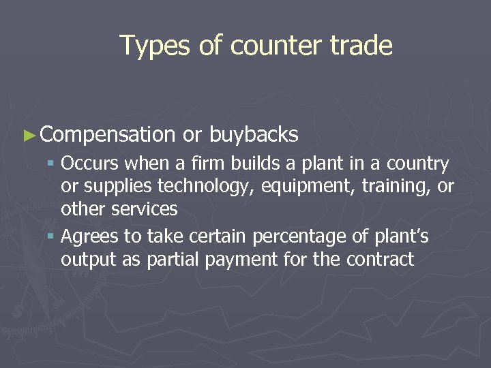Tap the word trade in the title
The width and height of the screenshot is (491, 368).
pos(361,46)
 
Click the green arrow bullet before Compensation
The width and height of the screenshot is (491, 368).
pos(28,136)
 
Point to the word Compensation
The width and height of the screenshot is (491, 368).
pos(108,136)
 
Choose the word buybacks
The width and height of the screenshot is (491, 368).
pos(254,136)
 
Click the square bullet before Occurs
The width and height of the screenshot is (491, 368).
pos(52,164)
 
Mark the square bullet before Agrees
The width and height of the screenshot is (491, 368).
pos(52,238)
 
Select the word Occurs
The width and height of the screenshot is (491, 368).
pos(85,164)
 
